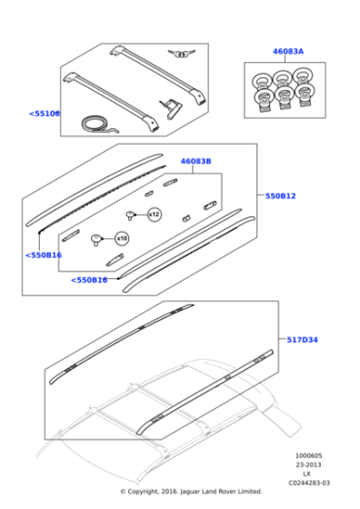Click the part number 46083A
click(x=288, y=52)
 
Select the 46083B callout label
click(x=195, y=161)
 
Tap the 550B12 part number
click(x=280, y=195)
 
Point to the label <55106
click(x=44, y=114)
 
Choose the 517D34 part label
click(x=302, y=339)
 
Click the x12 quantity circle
click(x=154, y=214)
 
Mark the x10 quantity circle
click(x=121, y=239)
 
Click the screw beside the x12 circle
click(x=132, y=215)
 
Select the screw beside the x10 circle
click(x=96, y=240)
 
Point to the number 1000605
click(x=307, y=456)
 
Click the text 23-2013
click(x=307, y=465)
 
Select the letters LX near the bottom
click(x=307, y=474)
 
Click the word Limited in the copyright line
click(x=248, y=492)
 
